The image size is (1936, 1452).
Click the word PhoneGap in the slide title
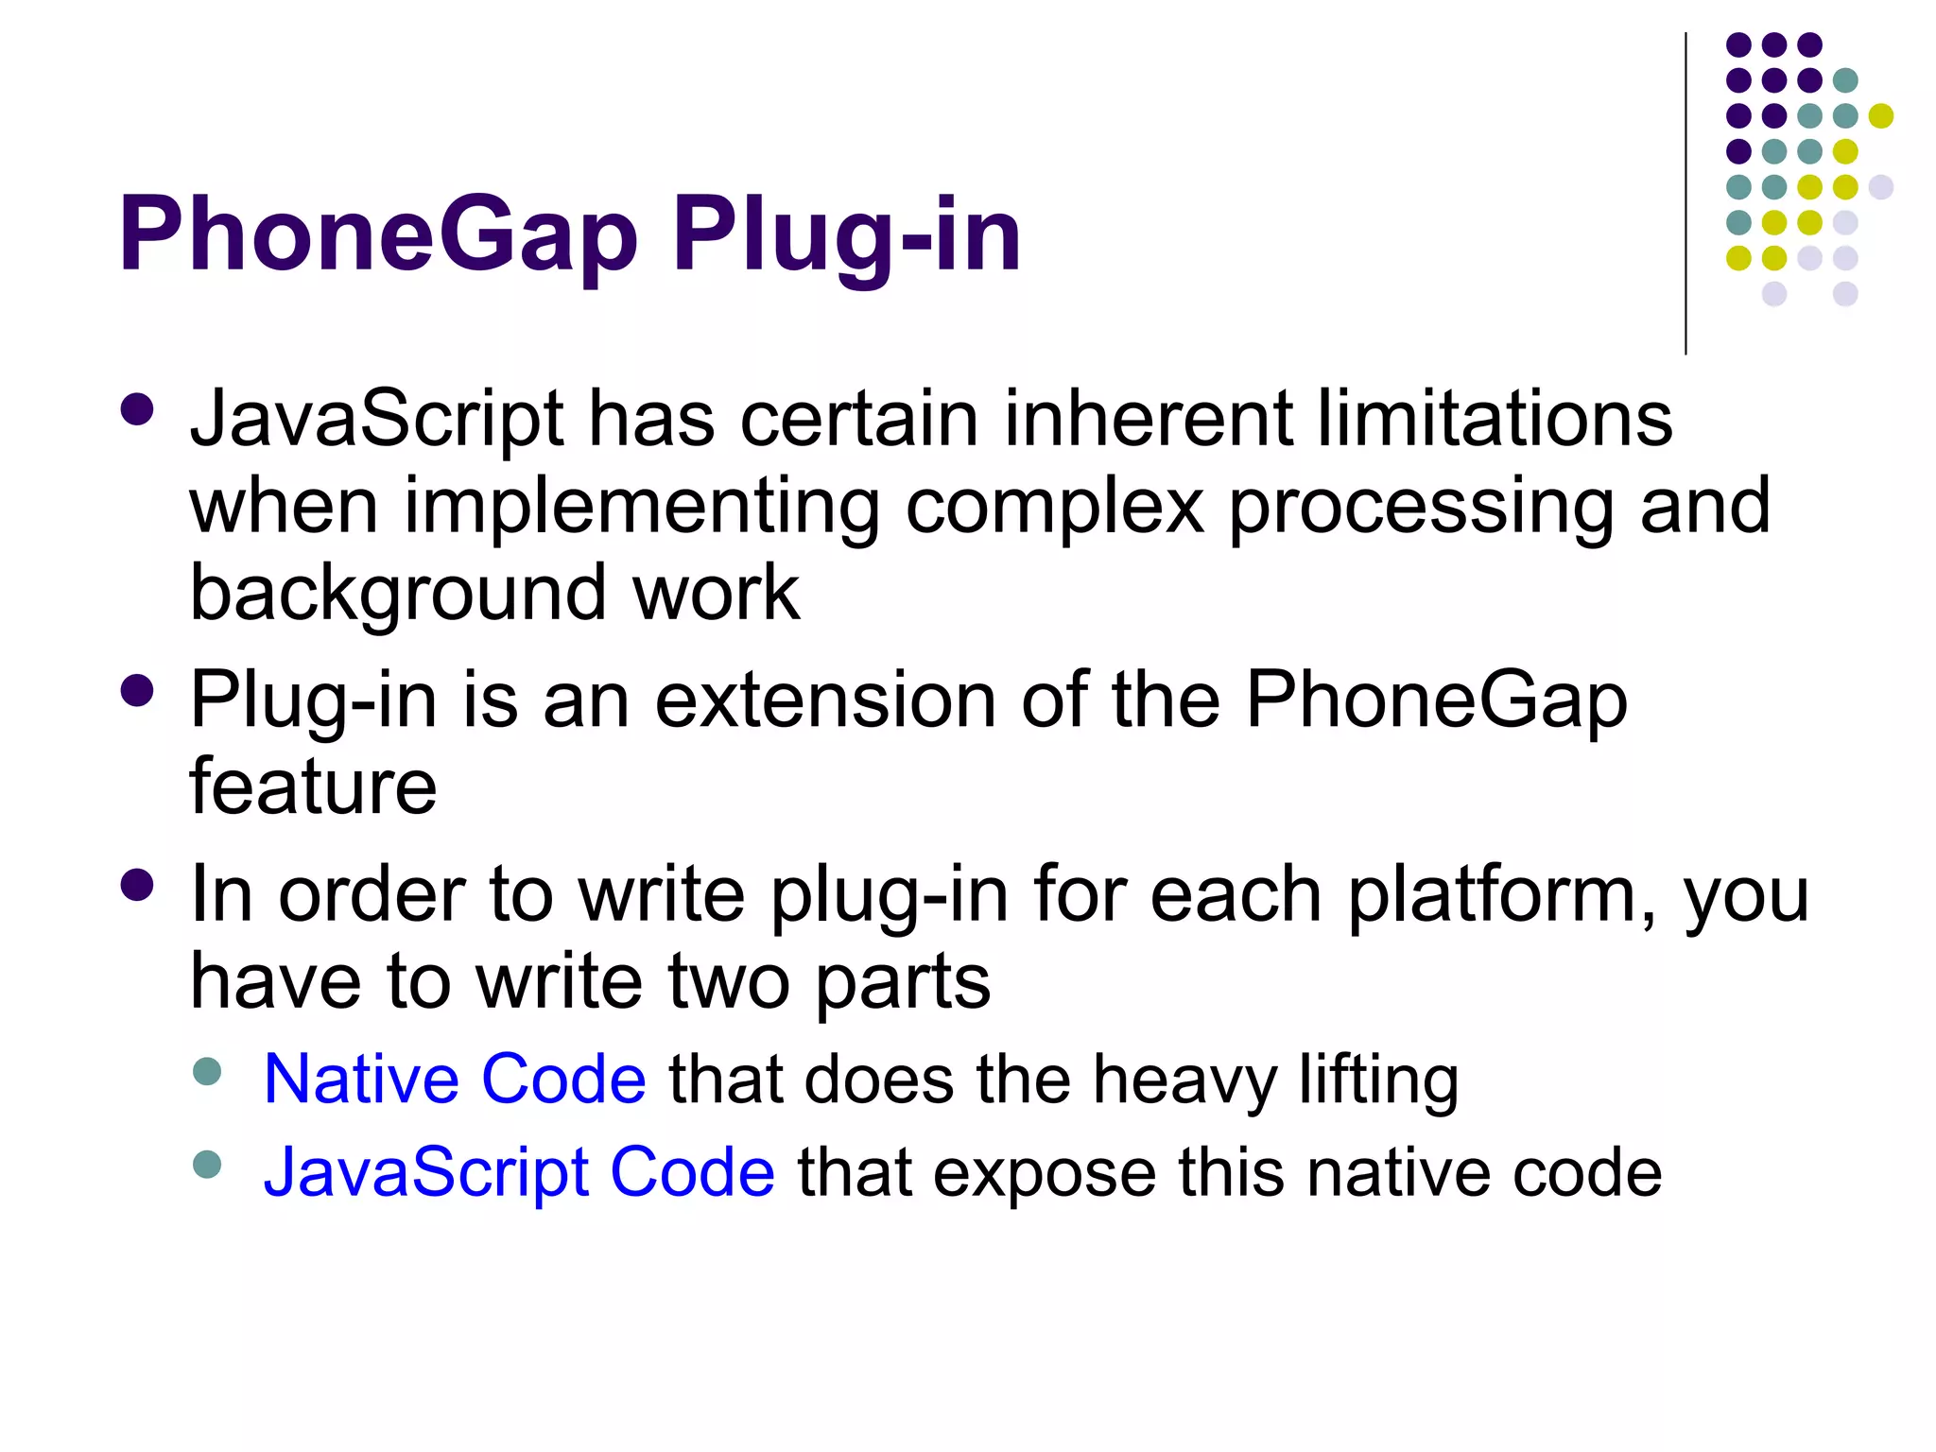click(x=378, y=234)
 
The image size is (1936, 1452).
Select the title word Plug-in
click(x=846, y=234)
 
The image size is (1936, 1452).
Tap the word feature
click(x=313, y=786)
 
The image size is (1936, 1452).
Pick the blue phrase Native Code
click(x=455, y=1080)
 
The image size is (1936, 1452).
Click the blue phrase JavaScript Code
click(x=519, y=1172)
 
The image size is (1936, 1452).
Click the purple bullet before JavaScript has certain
click(x=138, y=411)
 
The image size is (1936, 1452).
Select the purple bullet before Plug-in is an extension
click(x=138, y=691)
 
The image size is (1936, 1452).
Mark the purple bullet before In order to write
click(x=138, y=886)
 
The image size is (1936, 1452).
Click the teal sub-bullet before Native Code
click(x=207, y=1072)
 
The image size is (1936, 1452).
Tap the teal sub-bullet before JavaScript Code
click(x=207, y=1165)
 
